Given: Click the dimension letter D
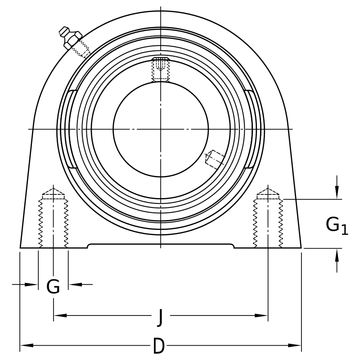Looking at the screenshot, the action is tap(159, 346).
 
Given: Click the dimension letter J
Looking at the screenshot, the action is tap(160, 318).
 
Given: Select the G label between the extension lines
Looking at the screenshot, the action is tap(53, 286).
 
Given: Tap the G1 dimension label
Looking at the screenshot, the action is tap(337, 226).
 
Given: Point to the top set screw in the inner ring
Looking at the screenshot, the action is tap(161, 69).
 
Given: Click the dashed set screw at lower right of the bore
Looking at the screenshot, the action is tap(215, 160).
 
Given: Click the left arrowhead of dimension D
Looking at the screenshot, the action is tap(27, 345).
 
